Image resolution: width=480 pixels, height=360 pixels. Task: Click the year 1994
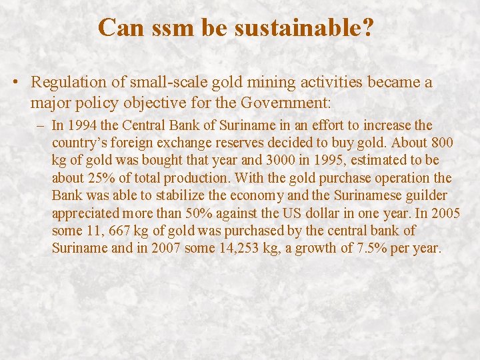pyautogui.click(x=82, y=125)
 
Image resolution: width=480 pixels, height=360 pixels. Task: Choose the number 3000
pyautogui.click(x=261, y=161)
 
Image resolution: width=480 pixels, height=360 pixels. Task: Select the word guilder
pyautogui.click(x=427, y=196)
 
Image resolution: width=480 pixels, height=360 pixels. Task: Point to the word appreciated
pyautogui.click(x=87, y=213)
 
